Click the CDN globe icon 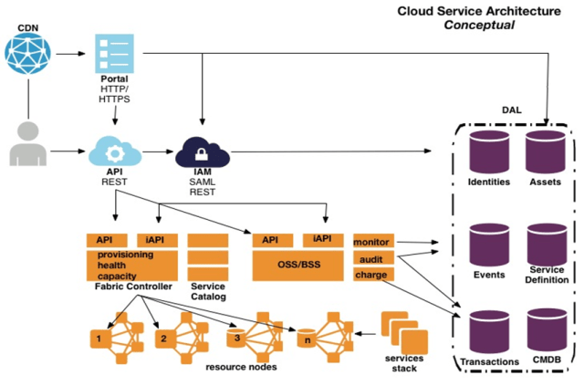coord(30,53)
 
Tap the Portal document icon coord(114,54)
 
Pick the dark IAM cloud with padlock coord(202,150)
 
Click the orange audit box coord(370,258)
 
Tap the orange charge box coord(370,275)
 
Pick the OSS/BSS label coord(297,264)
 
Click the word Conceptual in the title coord(478,25)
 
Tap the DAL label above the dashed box coord(512,110)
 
